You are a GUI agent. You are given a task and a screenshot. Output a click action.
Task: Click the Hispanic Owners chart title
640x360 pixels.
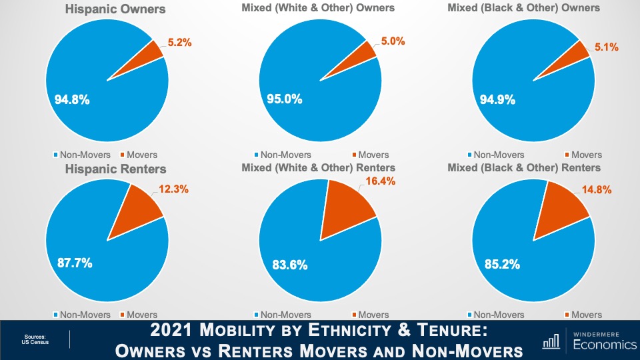pyautogui.click(x=115, y=9)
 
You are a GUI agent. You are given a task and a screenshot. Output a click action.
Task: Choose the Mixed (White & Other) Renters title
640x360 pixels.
pyautogui.click(x=318, y=167)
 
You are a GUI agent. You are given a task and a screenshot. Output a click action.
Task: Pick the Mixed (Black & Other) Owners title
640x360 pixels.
pyautogui.click(x=523, y=8)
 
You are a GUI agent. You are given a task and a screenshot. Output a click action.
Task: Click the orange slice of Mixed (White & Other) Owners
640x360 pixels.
pyautogui.click(x=367, y=51)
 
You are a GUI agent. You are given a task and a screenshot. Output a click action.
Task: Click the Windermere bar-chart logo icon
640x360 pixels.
pyautogui.click(x=551, y=342)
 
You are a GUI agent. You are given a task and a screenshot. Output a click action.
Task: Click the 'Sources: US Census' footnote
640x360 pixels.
pyautogui.click(x=35, y=340)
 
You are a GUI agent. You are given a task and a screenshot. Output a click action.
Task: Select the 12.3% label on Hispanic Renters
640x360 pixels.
pyautogui.click(x=175, y=189)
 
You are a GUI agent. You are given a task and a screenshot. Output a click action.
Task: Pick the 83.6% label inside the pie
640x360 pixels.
pyautogui.click(x=290, y=265)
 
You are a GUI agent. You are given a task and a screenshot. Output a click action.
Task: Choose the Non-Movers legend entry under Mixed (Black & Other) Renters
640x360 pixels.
pyautogui.click(x=497, y=315)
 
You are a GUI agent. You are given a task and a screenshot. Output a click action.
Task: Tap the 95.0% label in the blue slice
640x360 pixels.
pyautogui.click(x=285, y=99)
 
